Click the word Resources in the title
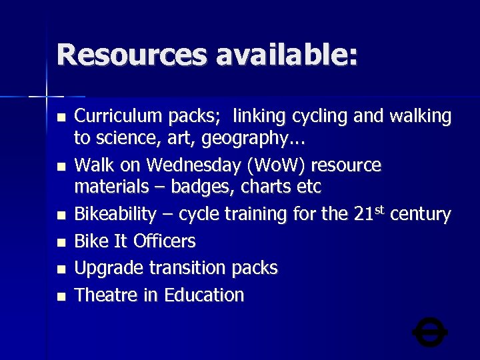click(132, 55)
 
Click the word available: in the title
click(287, 55)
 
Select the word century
click(421, 215)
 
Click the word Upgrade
click(108, 268)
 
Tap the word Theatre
click(107, 295)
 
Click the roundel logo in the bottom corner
click(430, 331)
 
